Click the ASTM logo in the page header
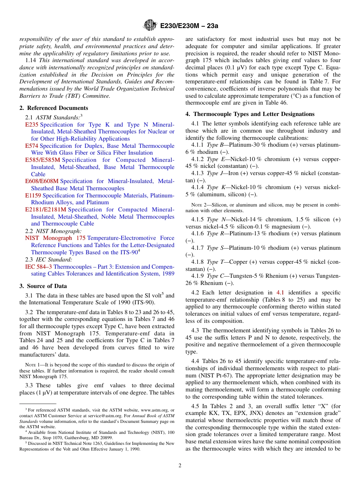150,25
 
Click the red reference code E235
32,125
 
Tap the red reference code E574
32,146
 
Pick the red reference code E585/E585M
42,160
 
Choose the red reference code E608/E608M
42,181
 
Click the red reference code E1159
33,196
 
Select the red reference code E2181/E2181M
45,210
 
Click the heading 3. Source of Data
43,286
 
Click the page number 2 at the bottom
180,465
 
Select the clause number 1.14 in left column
31,60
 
